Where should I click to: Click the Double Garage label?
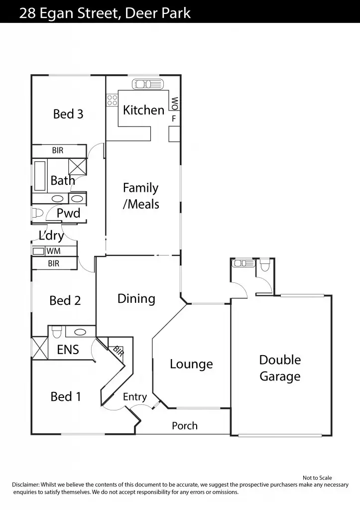(x=280, y=368)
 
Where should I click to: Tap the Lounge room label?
(x=191, y=364)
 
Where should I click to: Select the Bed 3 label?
(x=68, y=114)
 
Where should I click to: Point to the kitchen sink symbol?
(x=146, y=83)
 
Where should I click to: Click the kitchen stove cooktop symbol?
(x=112, y=100)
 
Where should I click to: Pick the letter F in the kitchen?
(x=174, y=119)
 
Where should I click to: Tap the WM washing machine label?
(x=53, y=252)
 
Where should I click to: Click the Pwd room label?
(x=68, y=213)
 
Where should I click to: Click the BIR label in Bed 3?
(x=58, y=150)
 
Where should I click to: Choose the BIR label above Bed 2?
(x=54, y=263)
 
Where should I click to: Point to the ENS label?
(x=68, y=350)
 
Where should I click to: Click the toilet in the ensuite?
(x=57, y=331)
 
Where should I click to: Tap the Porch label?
(x=185, y=426)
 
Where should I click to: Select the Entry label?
(x=135, y=397)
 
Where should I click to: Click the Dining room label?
(x=136, y=299)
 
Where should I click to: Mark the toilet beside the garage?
(x=265, y=265)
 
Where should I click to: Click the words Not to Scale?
(x=317, y=478)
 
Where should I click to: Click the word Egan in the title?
(x=57, y=13)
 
